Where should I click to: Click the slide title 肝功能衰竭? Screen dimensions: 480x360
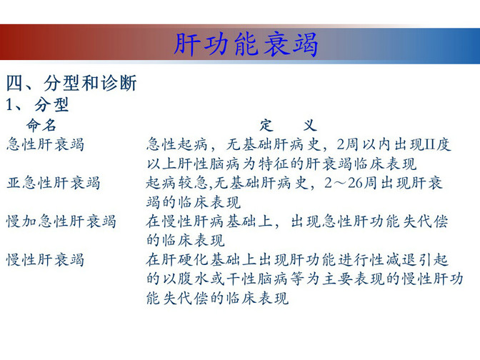pos(246,45)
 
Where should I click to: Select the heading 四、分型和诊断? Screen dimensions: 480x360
pos(71,83)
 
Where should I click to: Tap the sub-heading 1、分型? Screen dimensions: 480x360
pos(37,105)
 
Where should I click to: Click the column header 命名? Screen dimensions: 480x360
pos(41,125)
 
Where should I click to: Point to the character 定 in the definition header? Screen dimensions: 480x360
pos(266,125)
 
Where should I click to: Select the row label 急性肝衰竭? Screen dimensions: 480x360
pos(45,144)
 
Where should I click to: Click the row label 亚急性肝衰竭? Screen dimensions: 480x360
pos(54,183)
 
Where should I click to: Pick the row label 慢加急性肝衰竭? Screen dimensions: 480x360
pos(61,221)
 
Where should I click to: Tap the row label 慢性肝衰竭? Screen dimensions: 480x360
pos(45,260)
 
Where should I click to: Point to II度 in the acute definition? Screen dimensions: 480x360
pos(435,144)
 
